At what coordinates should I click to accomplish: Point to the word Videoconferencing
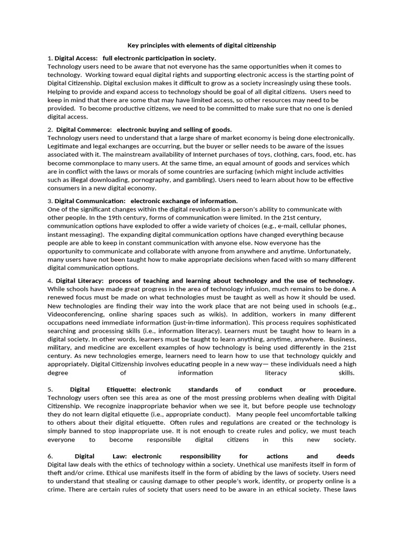point(75,314)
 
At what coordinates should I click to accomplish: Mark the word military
point(60,348)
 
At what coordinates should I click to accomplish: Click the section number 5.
point(49,390)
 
